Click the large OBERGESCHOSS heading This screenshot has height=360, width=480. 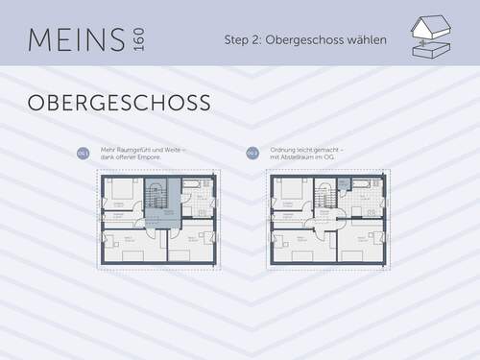point(118,102)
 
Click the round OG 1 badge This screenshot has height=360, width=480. point(84,153)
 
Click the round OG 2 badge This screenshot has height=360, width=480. point(252,153)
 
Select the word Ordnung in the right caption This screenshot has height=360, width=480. point(286,150)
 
